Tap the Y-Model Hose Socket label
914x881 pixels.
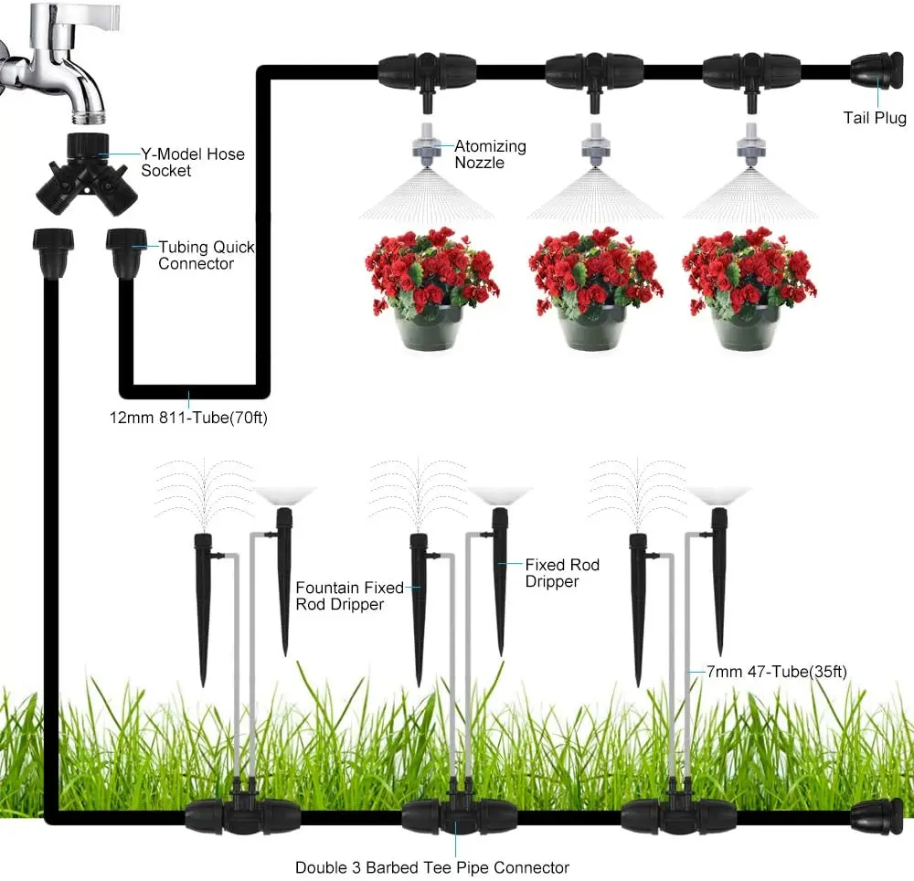click(193, 162)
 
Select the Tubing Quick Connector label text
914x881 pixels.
click(207, 255)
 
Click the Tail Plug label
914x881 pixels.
click(874, 119)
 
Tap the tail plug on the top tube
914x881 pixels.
click(877, 71)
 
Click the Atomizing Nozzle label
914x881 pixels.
click(491, 153)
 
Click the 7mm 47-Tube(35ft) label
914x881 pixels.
click(777, 671)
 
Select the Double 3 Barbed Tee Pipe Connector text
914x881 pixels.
click(431, 867)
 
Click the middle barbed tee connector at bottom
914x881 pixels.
click(452, 812)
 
